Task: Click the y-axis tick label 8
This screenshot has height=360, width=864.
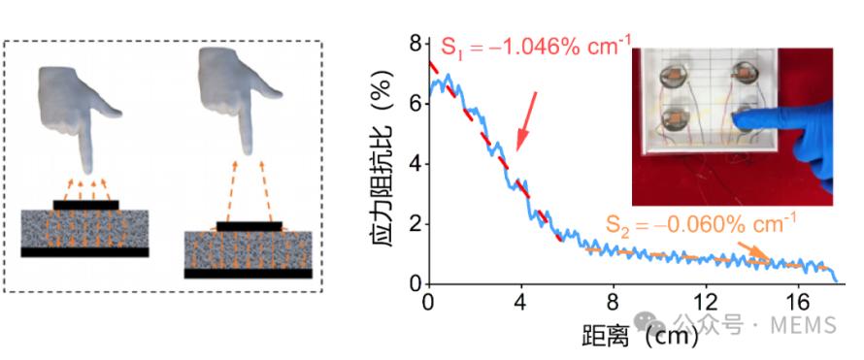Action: pyautogui.click(x=414, y=43)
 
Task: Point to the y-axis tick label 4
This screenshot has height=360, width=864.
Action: pyautogui.click(x=414, y=164)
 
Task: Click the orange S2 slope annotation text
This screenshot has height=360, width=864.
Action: pyautogui.click(x=701, y=223)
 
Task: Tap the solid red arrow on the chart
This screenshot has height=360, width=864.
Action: pyautogui.click(x=525, y=121)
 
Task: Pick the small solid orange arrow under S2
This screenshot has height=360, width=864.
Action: pyautogui.click(x=752, y=250)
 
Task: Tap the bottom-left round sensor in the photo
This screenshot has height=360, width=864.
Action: pyautogui.click(x=675, y=118)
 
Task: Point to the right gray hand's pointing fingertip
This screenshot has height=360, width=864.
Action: pyautogui.click(x=247, y=150)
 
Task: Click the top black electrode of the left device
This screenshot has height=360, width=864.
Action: pyautogui.click(x=86, y=205)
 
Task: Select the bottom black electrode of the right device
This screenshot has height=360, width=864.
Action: pyautogui.click(x=248, y=274)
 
